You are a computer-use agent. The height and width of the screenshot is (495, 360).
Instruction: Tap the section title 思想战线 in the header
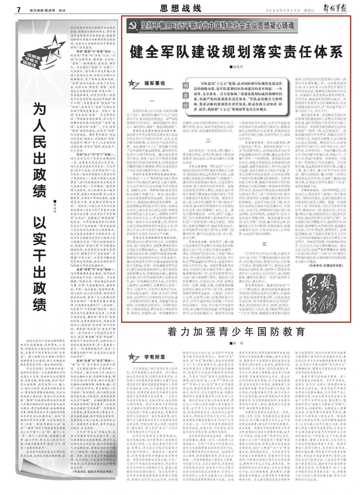click(181, 9)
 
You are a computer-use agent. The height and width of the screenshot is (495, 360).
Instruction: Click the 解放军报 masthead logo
click(334, 9)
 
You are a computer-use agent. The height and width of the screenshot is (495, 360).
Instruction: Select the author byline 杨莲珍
click(237, 67)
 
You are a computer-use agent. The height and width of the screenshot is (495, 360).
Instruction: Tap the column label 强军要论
click(155, 83)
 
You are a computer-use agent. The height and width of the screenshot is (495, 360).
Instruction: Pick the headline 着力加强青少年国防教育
click(236, 332)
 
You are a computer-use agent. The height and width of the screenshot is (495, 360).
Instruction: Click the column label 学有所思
click(155, 357)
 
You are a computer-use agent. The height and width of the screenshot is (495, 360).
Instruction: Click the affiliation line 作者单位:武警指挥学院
click(326, 265)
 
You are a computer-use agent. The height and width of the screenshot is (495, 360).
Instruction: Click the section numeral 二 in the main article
click(208, 141)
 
